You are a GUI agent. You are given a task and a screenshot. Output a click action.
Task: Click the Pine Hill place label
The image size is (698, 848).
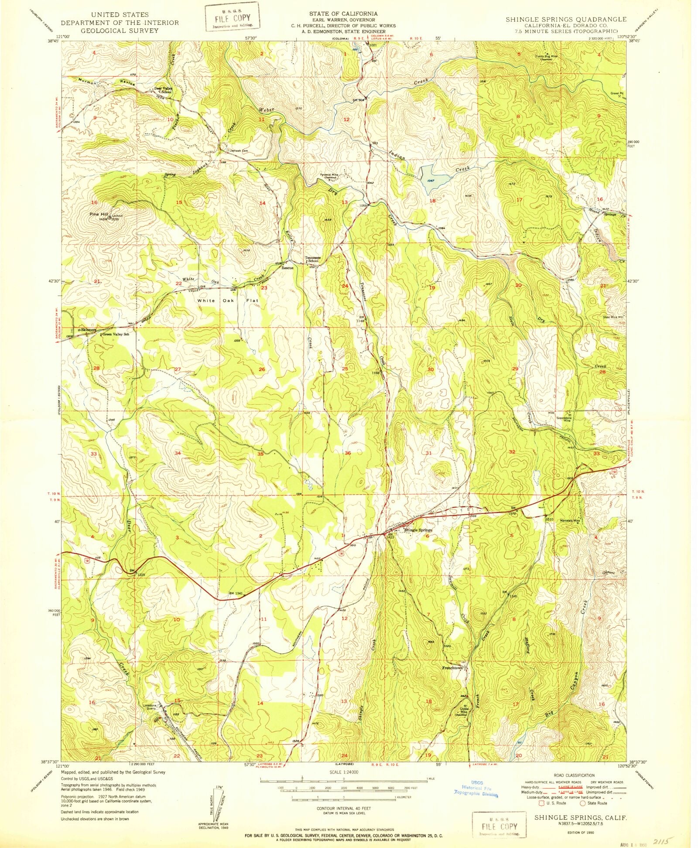[x=98, y=214]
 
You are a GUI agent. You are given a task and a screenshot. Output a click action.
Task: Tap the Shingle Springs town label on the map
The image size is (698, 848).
[x=417, y=530]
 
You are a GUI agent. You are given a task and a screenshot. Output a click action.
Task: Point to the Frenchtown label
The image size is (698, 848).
[x=452, y=668]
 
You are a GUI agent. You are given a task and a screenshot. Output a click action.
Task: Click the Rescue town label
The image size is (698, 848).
[x=287, y=267]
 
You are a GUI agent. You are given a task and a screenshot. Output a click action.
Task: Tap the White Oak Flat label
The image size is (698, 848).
[x=227, y=301]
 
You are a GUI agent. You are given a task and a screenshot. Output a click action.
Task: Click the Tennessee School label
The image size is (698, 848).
[x=312, y=259]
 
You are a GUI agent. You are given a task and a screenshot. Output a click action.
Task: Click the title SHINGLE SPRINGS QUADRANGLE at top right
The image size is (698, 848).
[x=566, y=20]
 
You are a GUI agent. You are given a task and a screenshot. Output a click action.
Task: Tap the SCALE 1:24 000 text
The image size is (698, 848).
[x=344, y=772]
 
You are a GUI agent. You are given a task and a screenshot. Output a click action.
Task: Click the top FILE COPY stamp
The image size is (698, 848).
[x=232, y=18]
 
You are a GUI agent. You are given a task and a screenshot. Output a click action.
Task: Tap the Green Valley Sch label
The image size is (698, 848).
[x=115, y=335]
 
